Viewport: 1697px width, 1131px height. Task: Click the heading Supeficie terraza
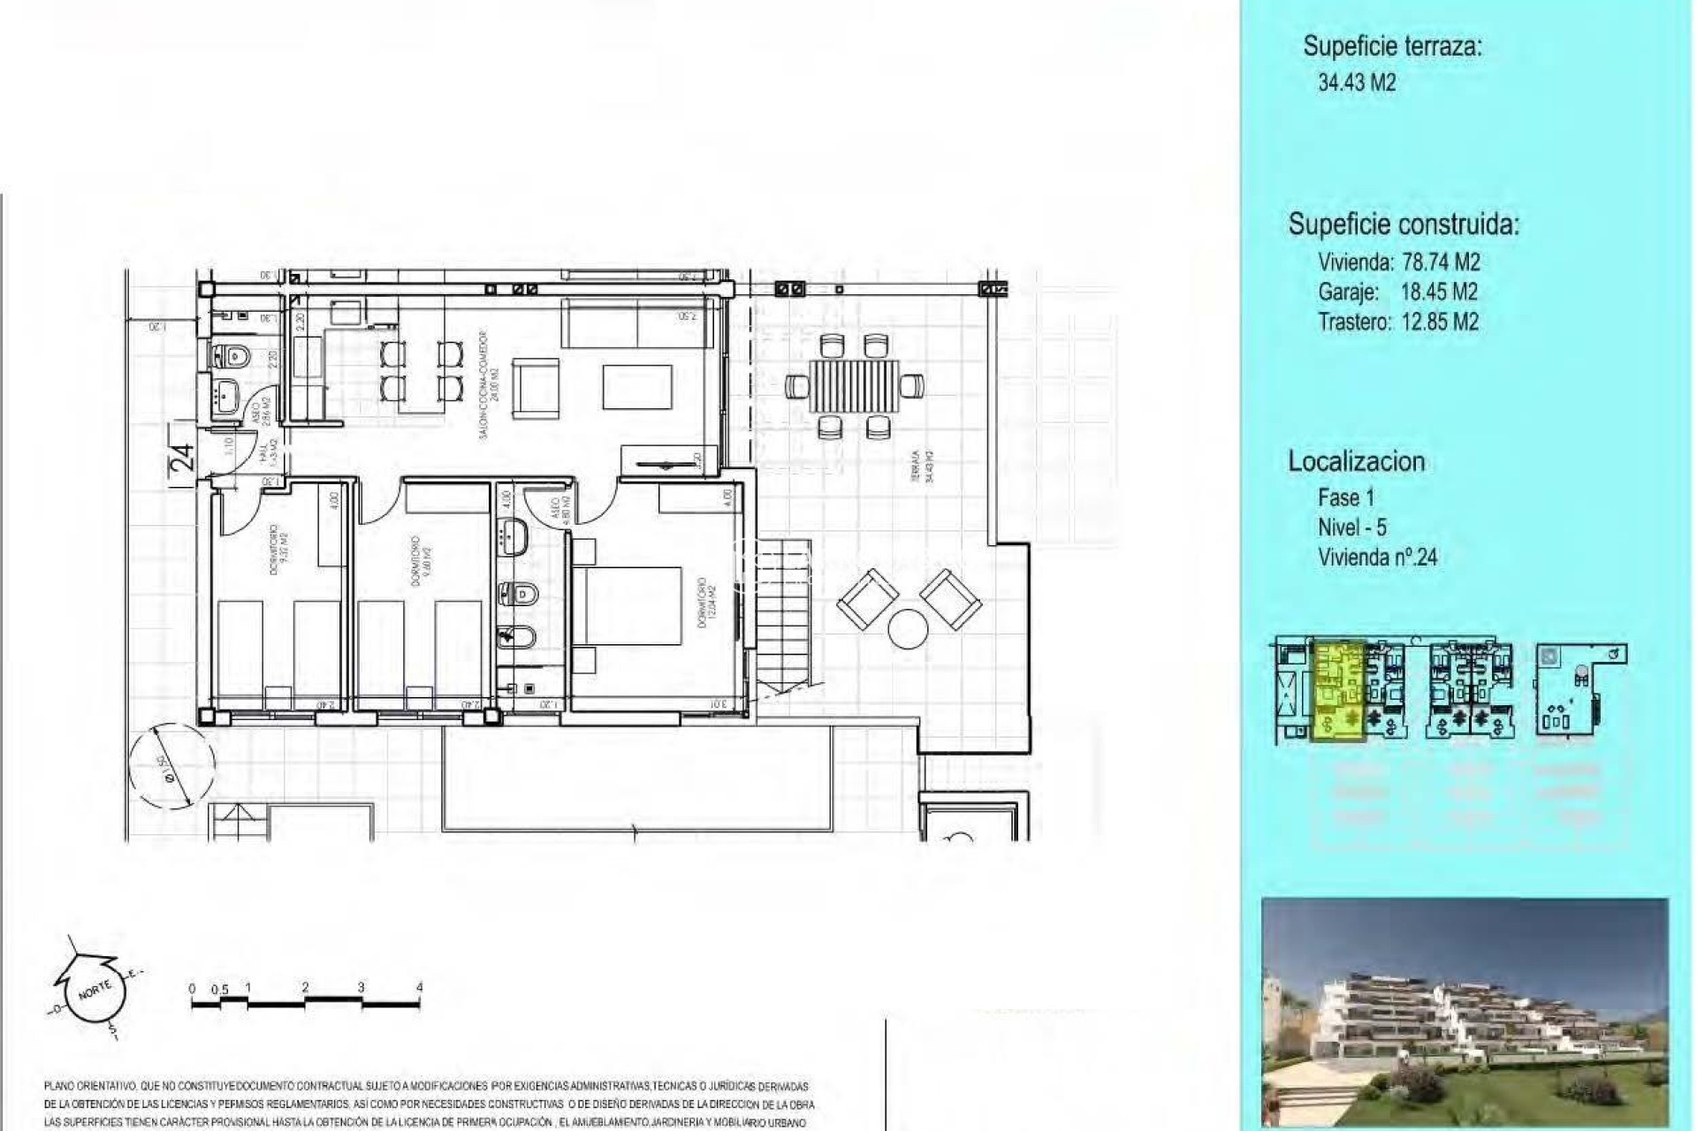(1392, 46)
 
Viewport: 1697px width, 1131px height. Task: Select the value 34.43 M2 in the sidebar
(1357, 83)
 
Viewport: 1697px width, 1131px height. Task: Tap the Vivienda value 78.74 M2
(1441, 262)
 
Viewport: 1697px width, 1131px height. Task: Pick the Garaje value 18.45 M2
(1439, 292)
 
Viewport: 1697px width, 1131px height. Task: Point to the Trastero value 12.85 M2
(1440, 322)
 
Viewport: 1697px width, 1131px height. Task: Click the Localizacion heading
(1356, 461)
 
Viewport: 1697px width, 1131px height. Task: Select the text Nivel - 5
(1351, 528)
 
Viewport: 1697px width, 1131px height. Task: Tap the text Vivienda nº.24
(1377, 558)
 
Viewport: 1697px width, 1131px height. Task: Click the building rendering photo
(1465, 1012)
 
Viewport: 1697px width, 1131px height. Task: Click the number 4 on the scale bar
(419, 987)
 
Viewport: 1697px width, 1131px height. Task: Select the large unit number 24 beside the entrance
(181, 458)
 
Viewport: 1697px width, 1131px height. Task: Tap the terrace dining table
(853, 386)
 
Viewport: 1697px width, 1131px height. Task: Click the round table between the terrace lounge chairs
(908, 629)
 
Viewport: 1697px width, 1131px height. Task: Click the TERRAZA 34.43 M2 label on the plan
(924, 466)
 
